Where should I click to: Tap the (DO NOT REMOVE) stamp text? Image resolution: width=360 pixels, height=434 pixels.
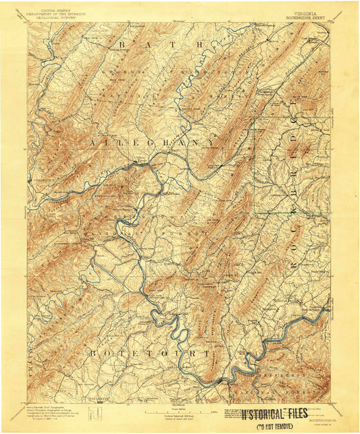coord(272,425)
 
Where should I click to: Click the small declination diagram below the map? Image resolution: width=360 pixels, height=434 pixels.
coord(99,412)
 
